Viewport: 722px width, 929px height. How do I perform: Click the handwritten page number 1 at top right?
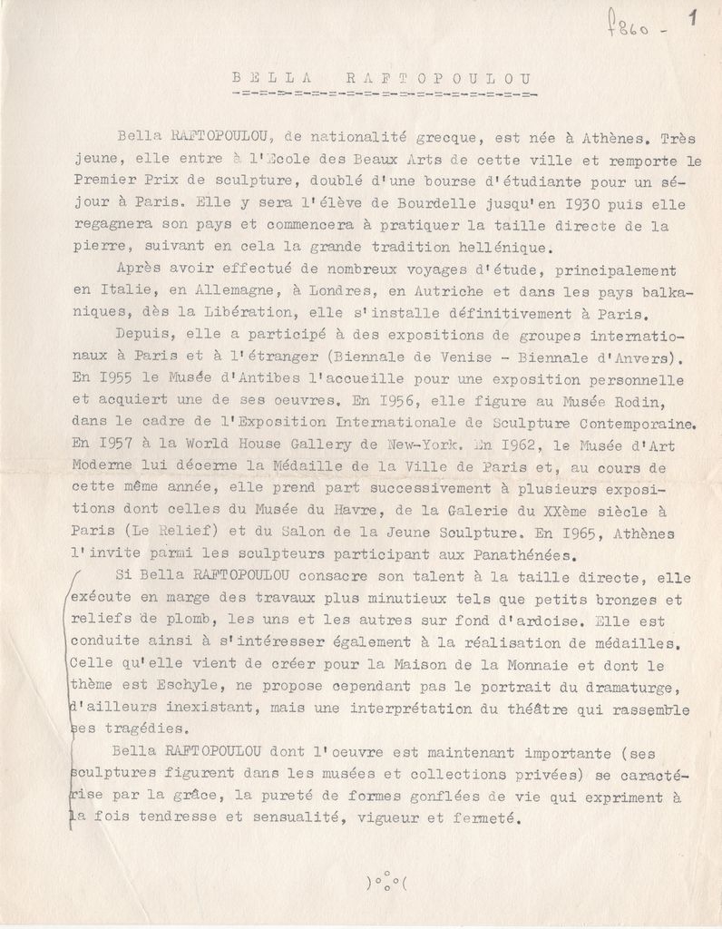693,17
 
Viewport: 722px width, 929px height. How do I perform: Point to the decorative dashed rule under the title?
384,93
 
